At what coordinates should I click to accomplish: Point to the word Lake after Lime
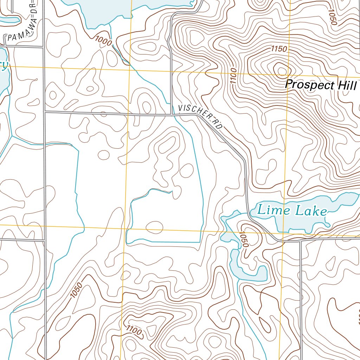coord(311,211)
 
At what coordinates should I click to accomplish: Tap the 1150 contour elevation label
coord(279,49)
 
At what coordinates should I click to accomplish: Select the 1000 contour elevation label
coord(103,41)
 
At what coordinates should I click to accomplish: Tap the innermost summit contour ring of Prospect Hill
coord(282,70)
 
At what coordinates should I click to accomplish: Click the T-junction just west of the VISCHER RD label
coord(171,114)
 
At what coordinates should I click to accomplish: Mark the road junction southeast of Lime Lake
coord(301,241)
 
